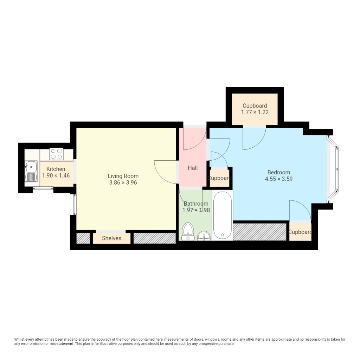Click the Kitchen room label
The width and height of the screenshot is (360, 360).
click(56, 169)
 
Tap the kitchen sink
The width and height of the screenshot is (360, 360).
click(31, 171)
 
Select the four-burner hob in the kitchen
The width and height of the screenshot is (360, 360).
click(57, 154)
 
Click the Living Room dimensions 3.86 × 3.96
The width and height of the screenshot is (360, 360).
click(123, 183)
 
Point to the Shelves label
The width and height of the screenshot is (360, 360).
click(111, 238)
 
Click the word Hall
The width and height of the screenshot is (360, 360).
click(193, 168)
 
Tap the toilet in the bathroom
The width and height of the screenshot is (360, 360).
click(188, 231)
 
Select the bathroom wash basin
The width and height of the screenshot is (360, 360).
click(204, 236)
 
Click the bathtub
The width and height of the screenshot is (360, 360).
click(223, 216)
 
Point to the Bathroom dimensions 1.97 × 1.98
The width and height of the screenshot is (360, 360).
click(196, 210)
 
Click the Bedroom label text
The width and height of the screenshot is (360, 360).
click(279, 172)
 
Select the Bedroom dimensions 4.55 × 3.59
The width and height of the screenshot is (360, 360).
click(279, 179)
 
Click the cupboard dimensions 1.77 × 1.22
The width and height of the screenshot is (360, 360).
click(255, 112)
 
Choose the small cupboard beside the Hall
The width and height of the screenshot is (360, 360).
click(219, 178)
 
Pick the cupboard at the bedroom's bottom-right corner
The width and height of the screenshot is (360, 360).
click(300, 232)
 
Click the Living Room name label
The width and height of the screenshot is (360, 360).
click(123, 176)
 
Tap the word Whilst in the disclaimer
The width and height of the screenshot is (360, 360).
click(19, 339)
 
